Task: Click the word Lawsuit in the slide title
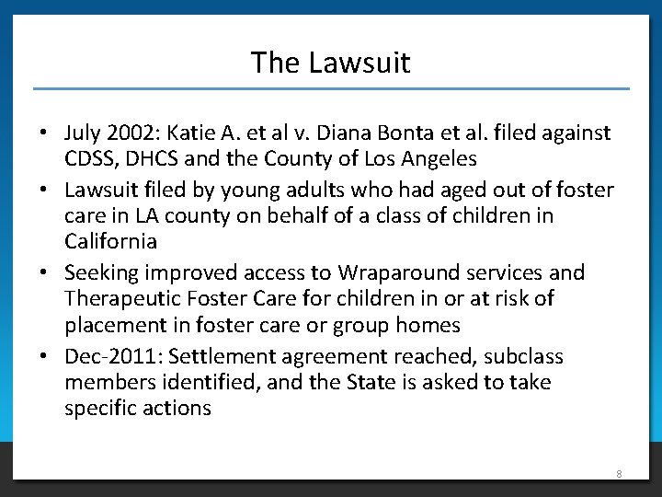click(x=360, y=63)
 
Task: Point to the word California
click(x=110, y=242)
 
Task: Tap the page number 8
click(x=619, y=474)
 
